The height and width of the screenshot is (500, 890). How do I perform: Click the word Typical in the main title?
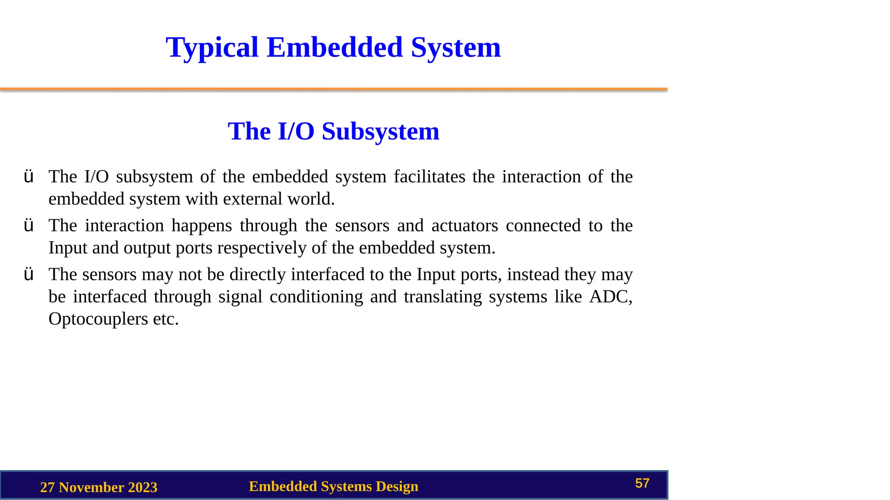point(212,48)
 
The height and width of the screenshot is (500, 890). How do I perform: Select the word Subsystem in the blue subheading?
point(380,132)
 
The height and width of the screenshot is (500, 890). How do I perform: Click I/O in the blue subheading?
point(296,132)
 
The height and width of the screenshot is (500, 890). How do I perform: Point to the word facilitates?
point(429,177)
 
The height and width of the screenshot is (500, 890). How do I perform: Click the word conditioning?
point(316,297)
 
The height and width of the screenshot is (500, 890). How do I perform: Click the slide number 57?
point(642,484)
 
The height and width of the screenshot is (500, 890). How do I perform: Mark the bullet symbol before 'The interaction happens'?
point(29,226)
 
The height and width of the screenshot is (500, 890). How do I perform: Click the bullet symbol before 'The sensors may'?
point(29,274)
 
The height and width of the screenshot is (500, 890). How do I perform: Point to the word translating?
point(442,297)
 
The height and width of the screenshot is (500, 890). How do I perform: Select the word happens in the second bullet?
point(202,226)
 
